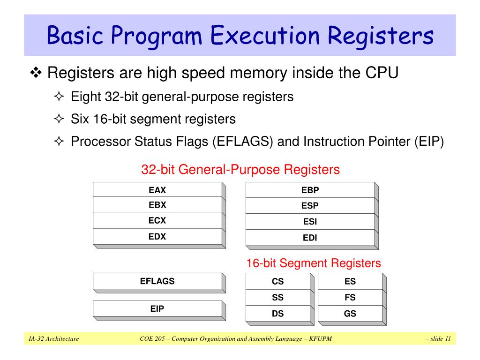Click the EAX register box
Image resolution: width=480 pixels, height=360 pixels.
point(157,190)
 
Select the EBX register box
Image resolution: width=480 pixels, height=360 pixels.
point(157,205)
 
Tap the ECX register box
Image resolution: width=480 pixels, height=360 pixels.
point(157,220)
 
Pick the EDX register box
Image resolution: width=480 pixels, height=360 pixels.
point(157,237)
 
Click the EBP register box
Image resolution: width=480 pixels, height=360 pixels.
point(310,190)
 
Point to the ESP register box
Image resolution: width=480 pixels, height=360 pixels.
point(310,206)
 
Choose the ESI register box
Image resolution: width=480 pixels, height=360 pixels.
point(310,222)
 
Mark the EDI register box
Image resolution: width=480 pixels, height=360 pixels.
point(310,238)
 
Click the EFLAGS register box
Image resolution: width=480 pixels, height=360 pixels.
point(157,281)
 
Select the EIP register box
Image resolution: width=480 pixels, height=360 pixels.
point(157,309)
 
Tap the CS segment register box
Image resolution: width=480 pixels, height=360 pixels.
point(278,282)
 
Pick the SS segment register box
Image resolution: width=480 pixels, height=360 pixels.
point(278,298)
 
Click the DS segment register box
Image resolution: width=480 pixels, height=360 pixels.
point(278,314)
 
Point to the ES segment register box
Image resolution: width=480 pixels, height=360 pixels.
point(350,282)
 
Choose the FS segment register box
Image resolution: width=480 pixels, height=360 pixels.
point(350,298)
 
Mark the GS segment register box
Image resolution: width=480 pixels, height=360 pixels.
point(350,314)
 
